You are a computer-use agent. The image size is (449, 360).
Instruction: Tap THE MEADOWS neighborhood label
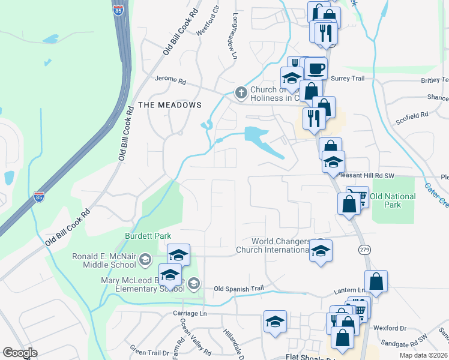pos(170,105)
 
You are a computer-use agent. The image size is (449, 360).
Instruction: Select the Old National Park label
pos(393,200)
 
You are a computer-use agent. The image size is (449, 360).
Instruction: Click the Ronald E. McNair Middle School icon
pos(145,260)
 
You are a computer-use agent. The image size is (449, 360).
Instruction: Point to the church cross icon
pos(241,92)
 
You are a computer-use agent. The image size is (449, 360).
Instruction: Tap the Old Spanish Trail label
pos(239,289)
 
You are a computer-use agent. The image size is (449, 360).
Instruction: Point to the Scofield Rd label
pos(412,114)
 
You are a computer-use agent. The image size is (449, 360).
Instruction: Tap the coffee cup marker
pos(315,68)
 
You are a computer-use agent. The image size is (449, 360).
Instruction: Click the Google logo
pos(20,353)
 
